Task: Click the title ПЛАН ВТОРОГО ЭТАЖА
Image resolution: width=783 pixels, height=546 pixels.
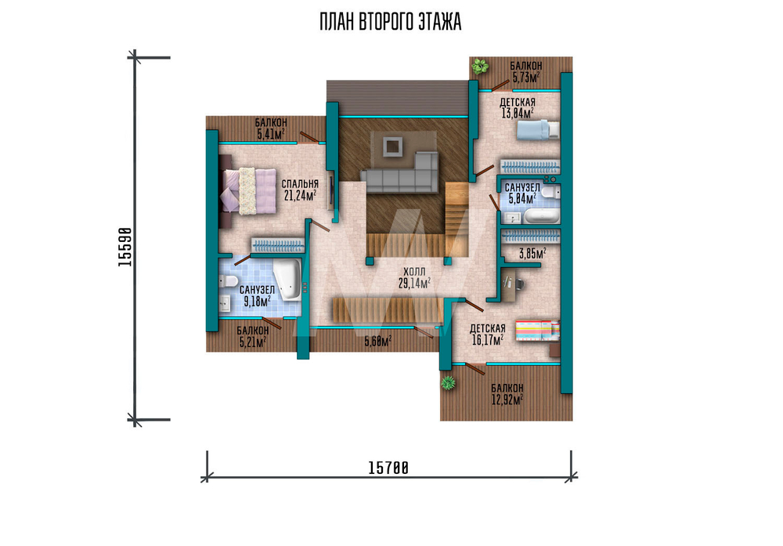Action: (x=391, y=23)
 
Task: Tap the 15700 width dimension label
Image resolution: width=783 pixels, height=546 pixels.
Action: (x=388, y=468)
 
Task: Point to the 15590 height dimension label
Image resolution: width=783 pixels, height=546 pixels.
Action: (x=124, y=247)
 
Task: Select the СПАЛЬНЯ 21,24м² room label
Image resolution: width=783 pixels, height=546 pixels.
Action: (x=300, y=190)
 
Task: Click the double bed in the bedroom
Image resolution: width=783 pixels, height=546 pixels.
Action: (x=248, y=191)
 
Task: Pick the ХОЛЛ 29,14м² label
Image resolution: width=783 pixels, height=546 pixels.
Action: (x=414, y=278)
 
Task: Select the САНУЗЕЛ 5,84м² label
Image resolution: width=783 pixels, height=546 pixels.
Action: (x=521, y=193)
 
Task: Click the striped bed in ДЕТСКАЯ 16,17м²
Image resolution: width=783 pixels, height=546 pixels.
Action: (x=537, y=331)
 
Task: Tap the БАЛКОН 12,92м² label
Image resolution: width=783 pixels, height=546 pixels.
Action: (x=507, y=394)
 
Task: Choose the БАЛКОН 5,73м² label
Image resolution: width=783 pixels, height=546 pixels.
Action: (x=526, y=72)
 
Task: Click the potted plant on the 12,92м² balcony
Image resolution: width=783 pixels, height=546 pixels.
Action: (x=448, y=383)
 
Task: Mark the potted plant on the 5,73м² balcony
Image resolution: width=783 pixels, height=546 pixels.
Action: (x=481, y=66)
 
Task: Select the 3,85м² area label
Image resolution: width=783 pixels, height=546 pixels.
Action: (x=532, y=253)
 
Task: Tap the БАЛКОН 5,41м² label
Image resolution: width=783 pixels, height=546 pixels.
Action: (x=271, y=128)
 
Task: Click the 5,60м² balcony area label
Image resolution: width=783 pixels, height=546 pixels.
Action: (x=377, y=342)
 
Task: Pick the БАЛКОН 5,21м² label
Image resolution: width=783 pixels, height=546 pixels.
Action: (x=253, y=336)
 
